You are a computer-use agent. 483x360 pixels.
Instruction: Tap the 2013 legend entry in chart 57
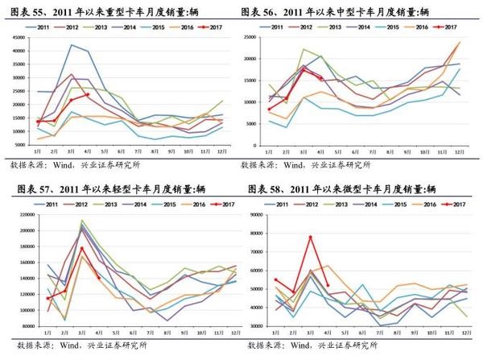coord(108,205)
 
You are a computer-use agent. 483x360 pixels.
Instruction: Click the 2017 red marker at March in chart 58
coord(310,237)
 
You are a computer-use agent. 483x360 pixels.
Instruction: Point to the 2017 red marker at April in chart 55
coord(87,95)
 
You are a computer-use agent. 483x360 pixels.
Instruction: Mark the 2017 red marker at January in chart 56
coord(270,109)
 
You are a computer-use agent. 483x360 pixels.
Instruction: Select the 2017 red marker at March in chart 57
coord(82,248)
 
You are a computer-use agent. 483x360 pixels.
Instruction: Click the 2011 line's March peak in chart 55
coord(72,45)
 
